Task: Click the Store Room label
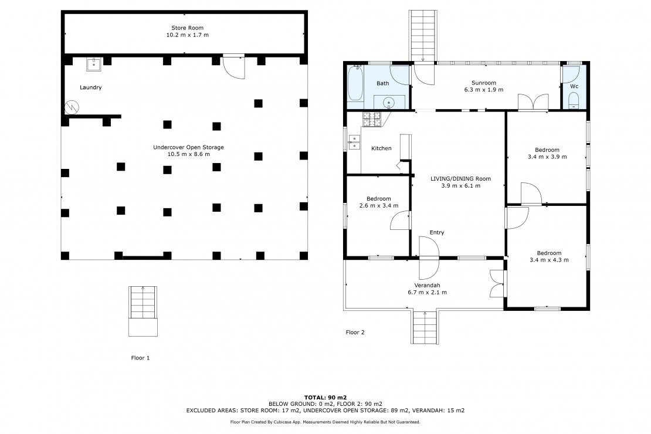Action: click(187, 28)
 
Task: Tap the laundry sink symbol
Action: click(94, 65)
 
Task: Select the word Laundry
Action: click(90, 87)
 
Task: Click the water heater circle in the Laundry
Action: click(72, 107)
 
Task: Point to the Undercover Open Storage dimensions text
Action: click(188, 154)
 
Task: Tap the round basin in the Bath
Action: click(389, 101)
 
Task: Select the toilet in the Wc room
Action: click(574, 100)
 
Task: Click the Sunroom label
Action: click(484, 83)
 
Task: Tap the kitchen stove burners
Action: click(372, 120)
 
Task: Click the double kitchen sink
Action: click(354, 141)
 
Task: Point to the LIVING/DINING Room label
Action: click(460, 178)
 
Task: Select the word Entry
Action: click(437, 232)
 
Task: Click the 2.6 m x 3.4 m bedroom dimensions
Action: click(379, 205)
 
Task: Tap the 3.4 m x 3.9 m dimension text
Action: click(547, 157)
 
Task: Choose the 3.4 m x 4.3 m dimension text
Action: click(550, 260)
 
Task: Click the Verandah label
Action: click(427, 285)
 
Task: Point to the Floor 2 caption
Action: click(355, 333)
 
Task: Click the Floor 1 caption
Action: click(140, 358)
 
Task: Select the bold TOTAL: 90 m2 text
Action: click(325, 398)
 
